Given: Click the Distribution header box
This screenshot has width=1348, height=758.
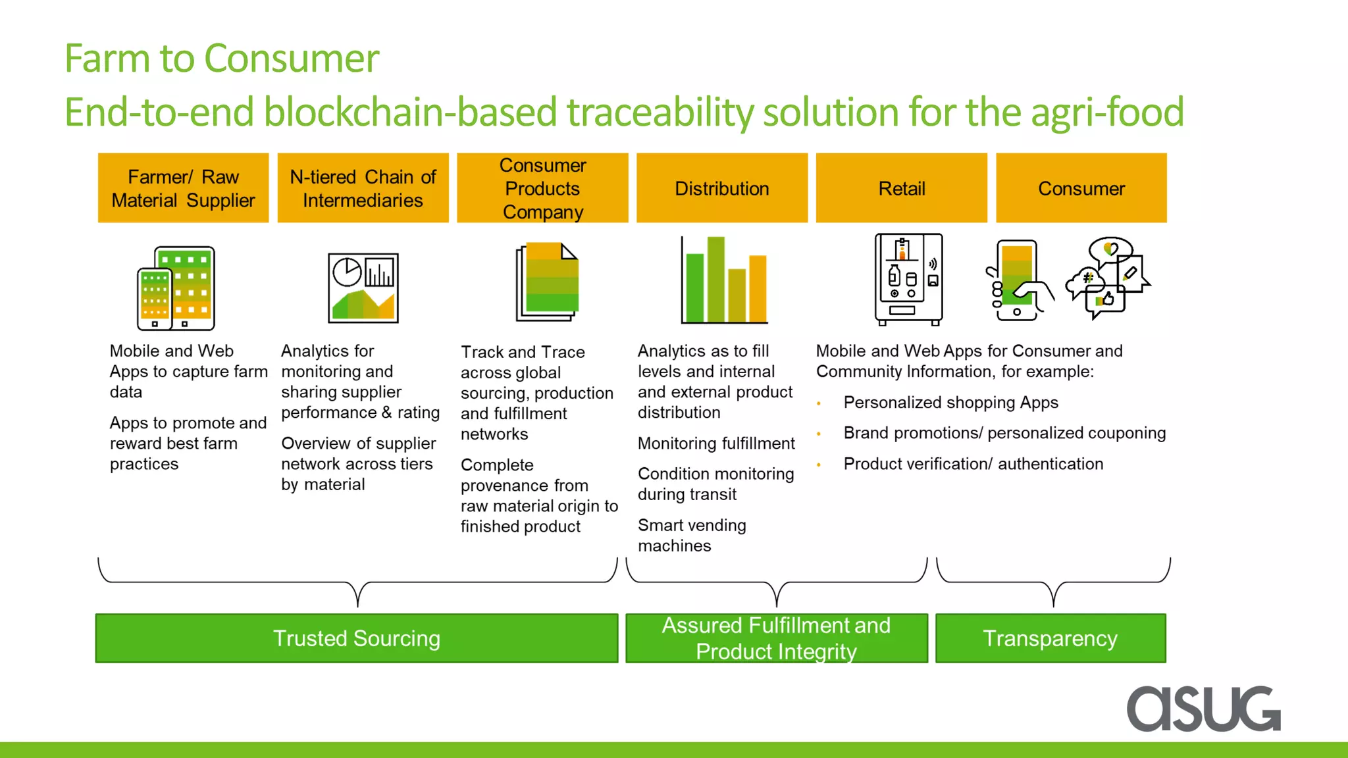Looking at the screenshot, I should [721, 188].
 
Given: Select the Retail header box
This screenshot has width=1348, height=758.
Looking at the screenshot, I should [901, 188].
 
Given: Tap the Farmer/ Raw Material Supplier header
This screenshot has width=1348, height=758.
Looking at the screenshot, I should [183, 188].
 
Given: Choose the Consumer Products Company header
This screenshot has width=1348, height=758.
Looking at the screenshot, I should [542, 188].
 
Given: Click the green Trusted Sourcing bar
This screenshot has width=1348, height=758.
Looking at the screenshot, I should [356, 638].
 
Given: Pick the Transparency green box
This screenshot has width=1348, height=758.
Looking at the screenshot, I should [1050, 638].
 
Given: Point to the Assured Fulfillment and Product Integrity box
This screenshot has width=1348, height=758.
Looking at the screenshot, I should [776, 638].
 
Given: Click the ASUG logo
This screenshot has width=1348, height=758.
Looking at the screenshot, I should [1203, 708].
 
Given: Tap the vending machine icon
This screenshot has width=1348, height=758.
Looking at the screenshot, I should [908, 280].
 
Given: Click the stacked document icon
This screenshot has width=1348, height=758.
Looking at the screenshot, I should [547, 282].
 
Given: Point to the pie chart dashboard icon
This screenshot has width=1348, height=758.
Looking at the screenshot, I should [363, 288].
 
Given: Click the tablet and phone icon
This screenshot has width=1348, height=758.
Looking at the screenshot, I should [176, 288].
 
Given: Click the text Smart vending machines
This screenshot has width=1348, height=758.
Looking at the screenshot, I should [691, 535].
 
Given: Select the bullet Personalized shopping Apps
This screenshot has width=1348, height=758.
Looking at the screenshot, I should [950, 402].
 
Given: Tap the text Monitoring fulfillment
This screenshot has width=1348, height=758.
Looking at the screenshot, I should [716, 443].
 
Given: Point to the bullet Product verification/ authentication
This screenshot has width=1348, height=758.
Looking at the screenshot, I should [973, 464].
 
